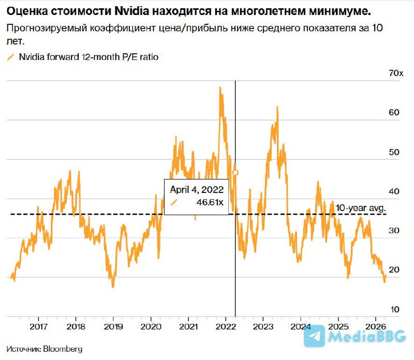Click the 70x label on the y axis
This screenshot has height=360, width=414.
click(396, 73)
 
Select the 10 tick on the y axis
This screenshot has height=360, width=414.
click(395, 309)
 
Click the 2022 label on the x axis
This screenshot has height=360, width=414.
click(225, 326)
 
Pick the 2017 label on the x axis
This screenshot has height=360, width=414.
click(39, 326)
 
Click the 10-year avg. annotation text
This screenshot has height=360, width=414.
click(361, 208)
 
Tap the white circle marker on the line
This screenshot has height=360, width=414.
click(235, 172)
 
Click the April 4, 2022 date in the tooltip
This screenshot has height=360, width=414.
click(197, 189)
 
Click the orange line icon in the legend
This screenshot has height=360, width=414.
click(11, 57)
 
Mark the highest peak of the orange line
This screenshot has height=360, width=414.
click(220, 88)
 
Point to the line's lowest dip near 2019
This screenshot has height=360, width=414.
click(113, 286)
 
